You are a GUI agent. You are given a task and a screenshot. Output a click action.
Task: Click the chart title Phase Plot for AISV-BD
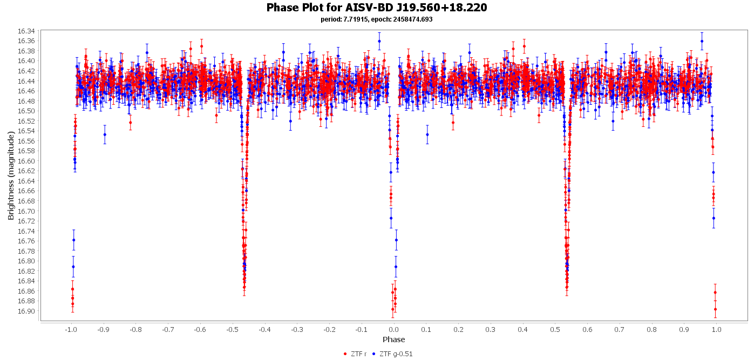click(377, 8)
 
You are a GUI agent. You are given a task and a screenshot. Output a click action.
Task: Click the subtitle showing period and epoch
click(377, 19)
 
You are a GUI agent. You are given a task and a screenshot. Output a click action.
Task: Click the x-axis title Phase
click(393, 339)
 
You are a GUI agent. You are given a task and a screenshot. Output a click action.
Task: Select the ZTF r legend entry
click(355, 354)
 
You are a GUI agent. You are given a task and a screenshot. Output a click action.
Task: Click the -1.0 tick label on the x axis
click(70, 329)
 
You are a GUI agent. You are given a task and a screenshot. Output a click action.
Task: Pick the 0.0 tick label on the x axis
click(393, 329)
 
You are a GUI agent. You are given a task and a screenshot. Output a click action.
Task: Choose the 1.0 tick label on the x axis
click(716, 329)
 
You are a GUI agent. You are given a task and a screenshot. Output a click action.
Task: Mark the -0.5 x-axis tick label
click(232, 329)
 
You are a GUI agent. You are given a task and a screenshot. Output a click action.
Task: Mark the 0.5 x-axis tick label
click(555, 329)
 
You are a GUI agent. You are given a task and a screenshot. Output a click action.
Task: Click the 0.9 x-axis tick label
click(684, 329)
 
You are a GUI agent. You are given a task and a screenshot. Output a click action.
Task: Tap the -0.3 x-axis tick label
click(296, 329)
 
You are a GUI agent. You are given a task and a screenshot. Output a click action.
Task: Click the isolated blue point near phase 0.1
click(427, 134)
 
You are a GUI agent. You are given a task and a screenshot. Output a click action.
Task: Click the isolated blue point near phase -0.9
click(105, 134)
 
